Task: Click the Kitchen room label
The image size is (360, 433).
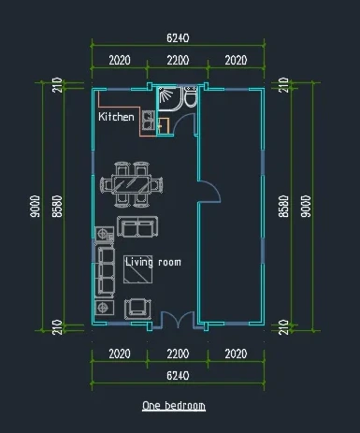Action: pos(116,117)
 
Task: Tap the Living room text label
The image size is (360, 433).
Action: pos(153,262)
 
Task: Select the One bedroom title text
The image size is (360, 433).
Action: pos(174,406)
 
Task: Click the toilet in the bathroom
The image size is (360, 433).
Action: pos(190,97)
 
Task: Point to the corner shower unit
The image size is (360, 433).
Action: pos(169,98)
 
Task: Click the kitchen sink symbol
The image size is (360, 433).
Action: pos(149,121)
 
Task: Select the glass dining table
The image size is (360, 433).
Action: pos(131,185)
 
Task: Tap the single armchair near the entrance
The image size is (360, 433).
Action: pos(137,309)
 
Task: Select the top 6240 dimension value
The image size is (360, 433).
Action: pos(178,38)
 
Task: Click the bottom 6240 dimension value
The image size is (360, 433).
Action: pos(178,376)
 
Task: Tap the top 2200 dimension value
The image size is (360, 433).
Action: pos(178,60)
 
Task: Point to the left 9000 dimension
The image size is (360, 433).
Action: pos(36,206)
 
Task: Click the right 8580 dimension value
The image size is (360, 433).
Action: pos(283,206)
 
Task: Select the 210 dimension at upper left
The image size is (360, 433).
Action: pos(57,85)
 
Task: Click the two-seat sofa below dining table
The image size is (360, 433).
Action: pos(137,226)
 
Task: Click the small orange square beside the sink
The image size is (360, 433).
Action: pos(164,126)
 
